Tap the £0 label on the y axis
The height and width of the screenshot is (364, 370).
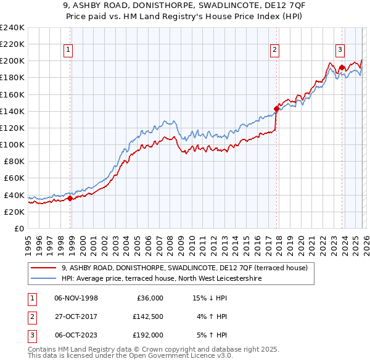(18, 228)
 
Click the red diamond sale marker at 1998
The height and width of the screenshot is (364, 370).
(70, 198)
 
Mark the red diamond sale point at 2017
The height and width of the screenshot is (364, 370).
(276, 109)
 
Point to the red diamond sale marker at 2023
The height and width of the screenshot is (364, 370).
(341, 68)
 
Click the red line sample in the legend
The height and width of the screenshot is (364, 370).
(44, 268)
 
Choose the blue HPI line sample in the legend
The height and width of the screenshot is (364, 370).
(44, 278)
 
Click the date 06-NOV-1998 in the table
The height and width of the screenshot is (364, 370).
(76, 298)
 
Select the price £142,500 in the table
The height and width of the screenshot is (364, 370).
(147, 316)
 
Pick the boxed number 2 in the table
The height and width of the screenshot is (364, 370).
(30, 316)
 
